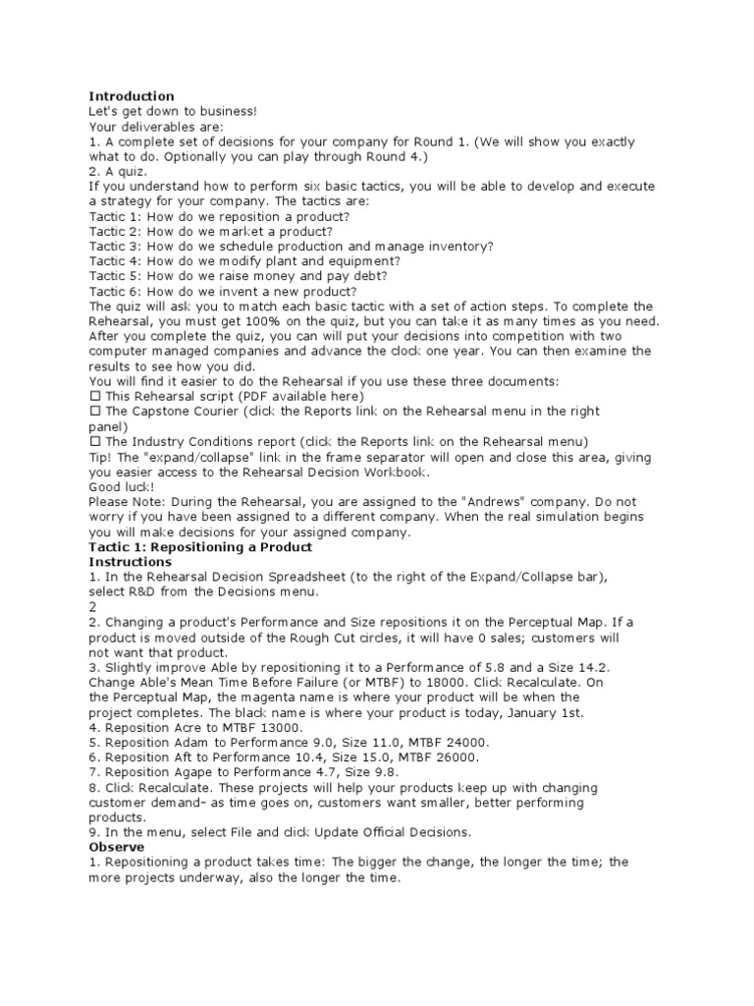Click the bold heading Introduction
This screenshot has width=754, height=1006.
132,96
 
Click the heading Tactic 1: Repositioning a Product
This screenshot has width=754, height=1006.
200,547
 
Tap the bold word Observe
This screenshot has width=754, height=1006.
117,847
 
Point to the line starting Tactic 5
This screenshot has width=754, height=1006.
242,276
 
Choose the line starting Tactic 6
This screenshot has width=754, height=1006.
223,292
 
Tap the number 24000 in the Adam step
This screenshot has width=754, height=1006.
463,743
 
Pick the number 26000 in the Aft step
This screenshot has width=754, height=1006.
455,757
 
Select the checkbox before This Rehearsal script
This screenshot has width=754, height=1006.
94,397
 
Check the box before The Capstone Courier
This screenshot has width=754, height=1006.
94,412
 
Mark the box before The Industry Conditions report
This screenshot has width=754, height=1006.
94,442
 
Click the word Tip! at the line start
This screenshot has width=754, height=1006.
101,457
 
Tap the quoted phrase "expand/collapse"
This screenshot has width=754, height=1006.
188,457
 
